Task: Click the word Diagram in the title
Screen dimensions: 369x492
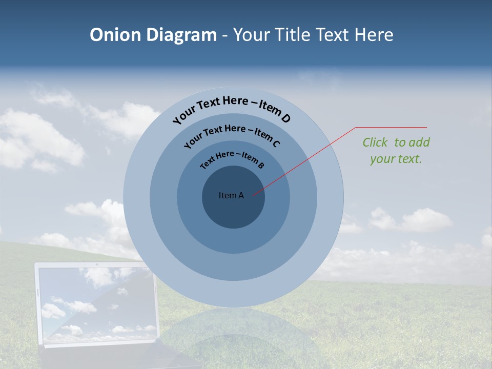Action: coord(181,35)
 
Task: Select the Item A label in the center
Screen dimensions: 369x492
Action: coord(231,195)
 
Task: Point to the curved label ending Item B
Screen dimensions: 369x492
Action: coord(232,159)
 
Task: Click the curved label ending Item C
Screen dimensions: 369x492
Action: coord(232,134)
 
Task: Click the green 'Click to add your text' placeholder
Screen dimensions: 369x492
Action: coord(396,150)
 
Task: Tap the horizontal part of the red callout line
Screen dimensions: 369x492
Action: coord(392,127)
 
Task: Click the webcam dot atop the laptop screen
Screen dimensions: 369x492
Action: coord(96,264)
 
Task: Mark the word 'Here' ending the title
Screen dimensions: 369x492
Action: coord(375,35)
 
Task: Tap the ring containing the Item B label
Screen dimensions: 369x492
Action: coord(233,241)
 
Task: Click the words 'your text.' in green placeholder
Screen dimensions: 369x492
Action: coord(396,159)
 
